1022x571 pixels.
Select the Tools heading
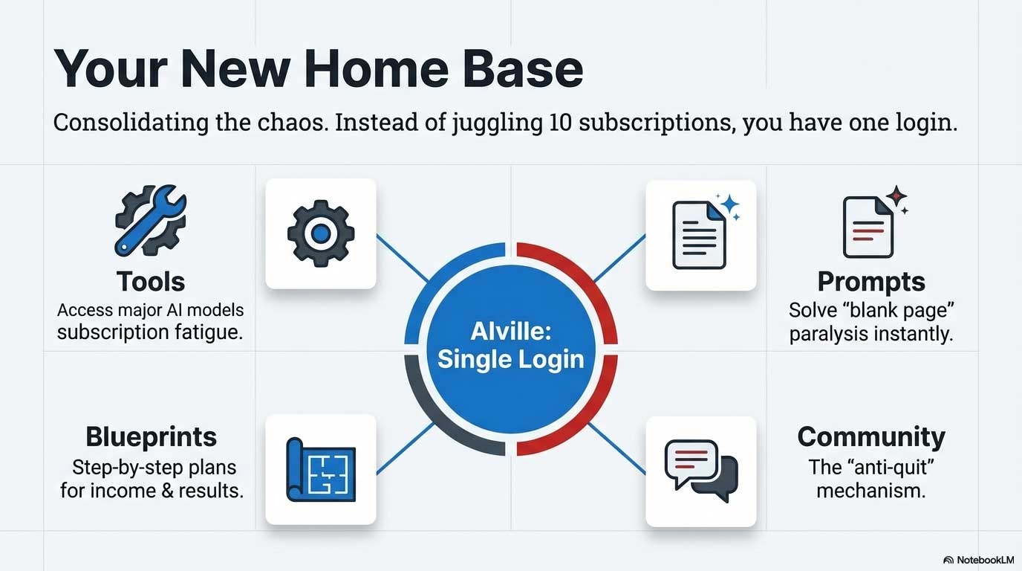[x=151, y=282]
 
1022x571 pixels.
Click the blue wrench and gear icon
[x=151, y=221]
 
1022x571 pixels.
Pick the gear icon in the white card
[x=321, y=233]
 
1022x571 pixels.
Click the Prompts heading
[x=871, y=282]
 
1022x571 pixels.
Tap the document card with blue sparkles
[x=701, y=235]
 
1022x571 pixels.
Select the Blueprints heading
[x=152, y=436]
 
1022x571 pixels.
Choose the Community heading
[x=871, y=436]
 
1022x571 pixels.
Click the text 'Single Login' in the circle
[x=511, y=359]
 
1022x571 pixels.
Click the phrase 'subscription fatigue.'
[x=151, y=332]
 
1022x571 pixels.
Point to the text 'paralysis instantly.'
[x=871, y=334]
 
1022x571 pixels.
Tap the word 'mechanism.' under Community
[x=871, y=491]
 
